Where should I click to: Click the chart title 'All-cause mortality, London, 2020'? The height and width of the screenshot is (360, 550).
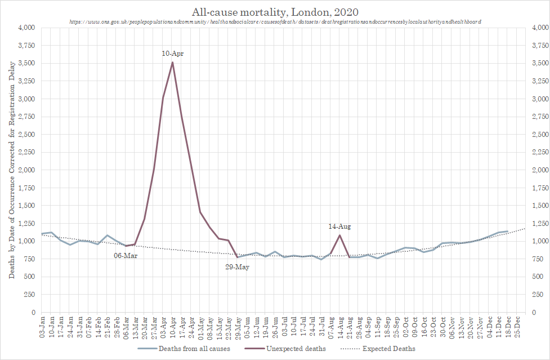point(275,11)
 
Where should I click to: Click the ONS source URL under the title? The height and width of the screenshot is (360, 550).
point(275,21)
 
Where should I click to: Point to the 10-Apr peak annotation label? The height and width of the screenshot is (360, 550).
point(172,54)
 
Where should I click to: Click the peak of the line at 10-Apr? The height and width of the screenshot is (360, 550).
point(172,62)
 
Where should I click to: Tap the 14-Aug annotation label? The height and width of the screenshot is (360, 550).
point(339,226)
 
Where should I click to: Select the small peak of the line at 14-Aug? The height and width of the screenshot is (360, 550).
point(339,235)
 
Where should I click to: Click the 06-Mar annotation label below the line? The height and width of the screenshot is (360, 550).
point(126,256)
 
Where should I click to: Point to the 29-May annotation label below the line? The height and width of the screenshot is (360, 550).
point(237,267)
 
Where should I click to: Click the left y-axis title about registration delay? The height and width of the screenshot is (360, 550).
point(12,170)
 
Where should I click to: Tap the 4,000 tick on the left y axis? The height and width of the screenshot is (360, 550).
point(26,28)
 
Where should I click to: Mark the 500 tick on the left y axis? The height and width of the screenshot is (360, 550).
point(30,277)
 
